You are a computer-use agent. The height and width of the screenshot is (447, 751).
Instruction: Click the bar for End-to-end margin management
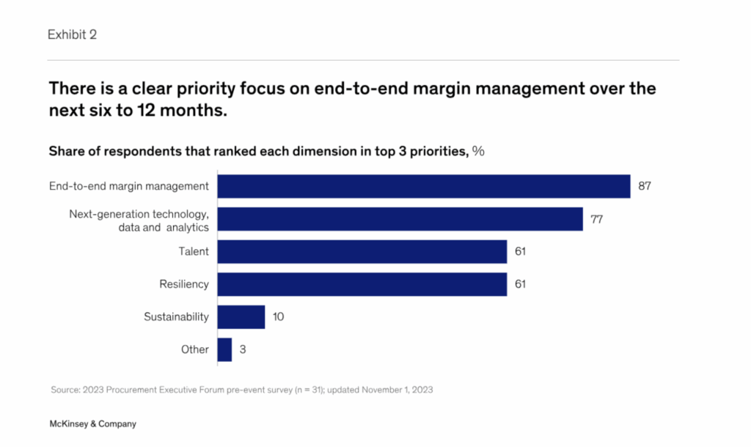[424, 186]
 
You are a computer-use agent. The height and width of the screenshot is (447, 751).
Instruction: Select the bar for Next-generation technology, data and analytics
[400, 219]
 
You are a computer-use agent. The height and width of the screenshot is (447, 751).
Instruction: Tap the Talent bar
[362, 251]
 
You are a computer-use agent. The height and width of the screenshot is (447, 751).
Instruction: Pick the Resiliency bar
[362, 284]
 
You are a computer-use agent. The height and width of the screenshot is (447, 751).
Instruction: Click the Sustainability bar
[241, 317]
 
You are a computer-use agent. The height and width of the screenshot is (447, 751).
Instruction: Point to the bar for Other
[225, 350]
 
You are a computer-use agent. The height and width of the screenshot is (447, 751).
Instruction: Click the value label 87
[645, 186]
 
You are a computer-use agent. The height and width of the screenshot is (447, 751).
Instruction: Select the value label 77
[597, 219]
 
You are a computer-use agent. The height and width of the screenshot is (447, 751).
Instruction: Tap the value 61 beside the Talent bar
[521, 251]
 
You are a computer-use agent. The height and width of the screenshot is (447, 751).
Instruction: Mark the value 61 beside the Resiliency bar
[521, 284]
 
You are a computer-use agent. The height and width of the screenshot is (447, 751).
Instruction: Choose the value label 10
[278, 317]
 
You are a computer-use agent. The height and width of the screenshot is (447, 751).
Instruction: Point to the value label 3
[243, 350]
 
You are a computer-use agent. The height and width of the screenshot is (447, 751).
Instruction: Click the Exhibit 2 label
[72, 34]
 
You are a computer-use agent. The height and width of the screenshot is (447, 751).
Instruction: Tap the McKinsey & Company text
[92, 424]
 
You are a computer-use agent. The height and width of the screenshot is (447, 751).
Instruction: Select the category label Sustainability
[176, 317]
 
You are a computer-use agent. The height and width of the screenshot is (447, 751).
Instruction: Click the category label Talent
[194, 251]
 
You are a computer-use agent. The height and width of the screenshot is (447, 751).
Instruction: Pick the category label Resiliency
[184, 284]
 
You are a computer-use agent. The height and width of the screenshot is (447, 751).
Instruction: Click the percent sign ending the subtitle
[478, 152]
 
